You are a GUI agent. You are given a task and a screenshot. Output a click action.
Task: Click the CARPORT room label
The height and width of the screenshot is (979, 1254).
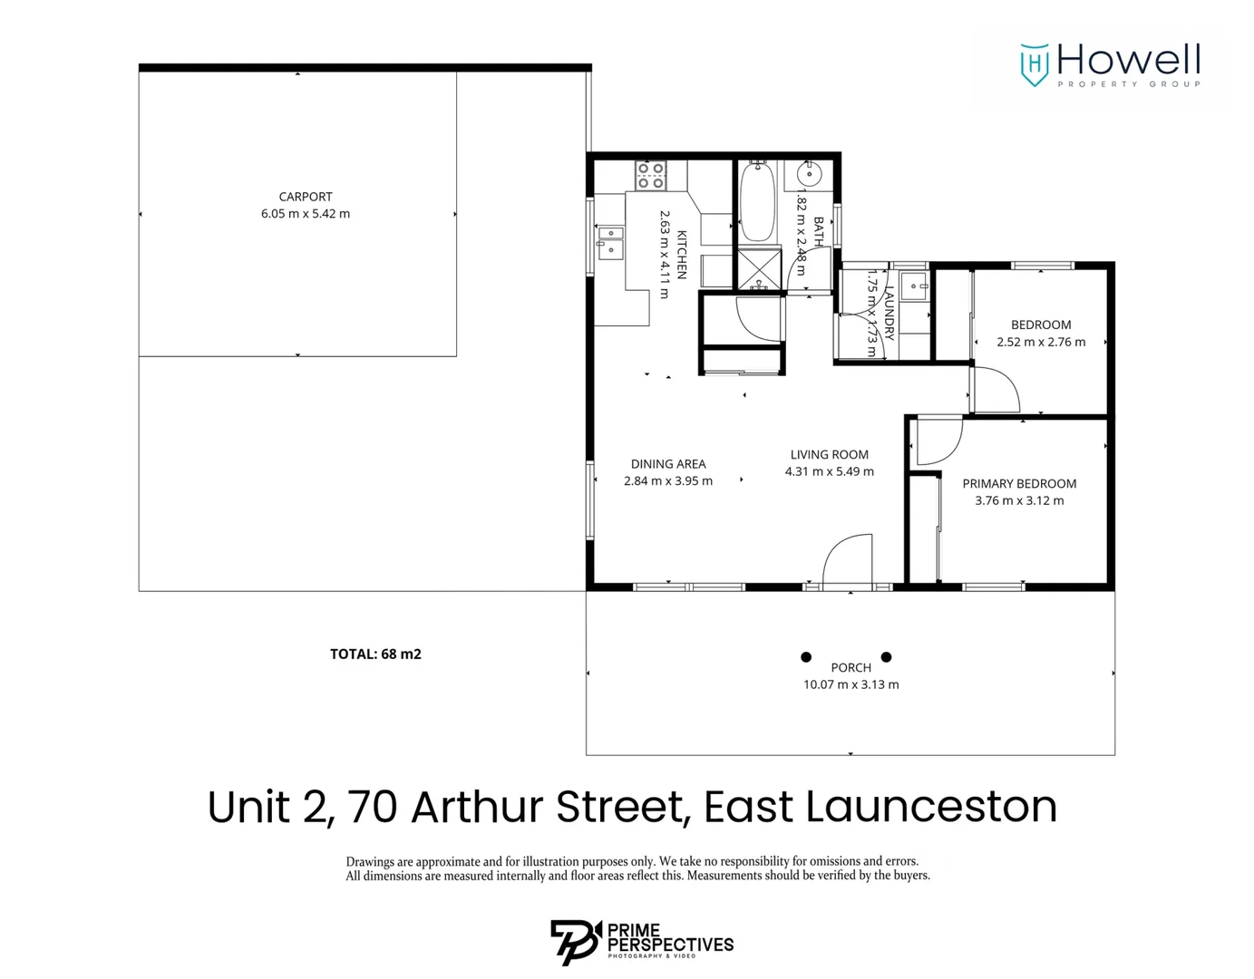[306, 197]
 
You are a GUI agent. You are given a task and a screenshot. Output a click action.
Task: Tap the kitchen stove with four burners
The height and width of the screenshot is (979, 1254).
[650, 175]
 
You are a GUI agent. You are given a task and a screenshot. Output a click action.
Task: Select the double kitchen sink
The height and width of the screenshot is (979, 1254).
[610, 243]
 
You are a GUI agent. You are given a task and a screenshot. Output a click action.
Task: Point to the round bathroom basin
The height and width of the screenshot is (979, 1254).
[809, 173]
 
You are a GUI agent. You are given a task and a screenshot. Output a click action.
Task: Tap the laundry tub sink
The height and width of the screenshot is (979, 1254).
[914, 286]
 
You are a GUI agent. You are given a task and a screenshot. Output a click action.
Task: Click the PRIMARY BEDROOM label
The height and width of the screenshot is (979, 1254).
[1019, 484]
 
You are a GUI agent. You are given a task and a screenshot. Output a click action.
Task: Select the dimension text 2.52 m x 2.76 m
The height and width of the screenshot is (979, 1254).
[1040, 343]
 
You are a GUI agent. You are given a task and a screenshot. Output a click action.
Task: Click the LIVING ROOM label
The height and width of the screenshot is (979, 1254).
[829, 455]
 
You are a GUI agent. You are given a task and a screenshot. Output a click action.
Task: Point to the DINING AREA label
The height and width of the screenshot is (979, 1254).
[668, 464]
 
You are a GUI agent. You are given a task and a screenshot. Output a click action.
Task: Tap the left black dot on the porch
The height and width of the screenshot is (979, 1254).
[806, 657]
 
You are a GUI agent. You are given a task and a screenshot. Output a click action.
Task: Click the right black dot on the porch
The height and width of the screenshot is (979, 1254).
[886, 657]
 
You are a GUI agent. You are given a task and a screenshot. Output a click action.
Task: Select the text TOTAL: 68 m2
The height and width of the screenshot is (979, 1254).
[375, 654]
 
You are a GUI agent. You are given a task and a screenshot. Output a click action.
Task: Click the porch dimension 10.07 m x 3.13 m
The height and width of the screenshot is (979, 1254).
[851, 685]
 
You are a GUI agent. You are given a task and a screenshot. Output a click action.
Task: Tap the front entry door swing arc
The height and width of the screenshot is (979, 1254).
[849, 557]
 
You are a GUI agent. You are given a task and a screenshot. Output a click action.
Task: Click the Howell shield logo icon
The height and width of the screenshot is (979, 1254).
[1034, 64]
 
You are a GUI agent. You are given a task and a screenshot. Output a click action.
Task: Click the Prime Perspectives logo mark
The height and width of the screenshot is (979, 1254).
[575, 942]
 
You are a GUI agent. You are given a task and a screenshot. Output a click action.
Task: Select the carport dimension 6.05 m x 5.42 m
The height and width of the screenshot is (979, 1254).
[306, 214]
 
